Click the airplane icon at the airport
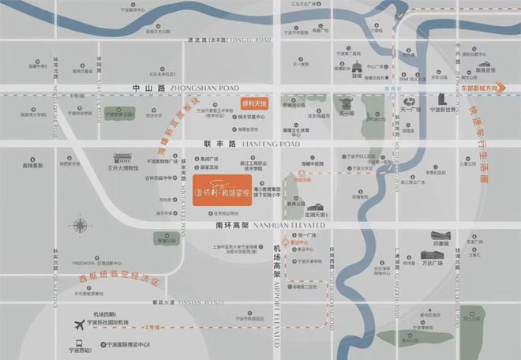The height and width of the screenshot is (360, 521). pyautogui.click(x=79, y=324)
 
